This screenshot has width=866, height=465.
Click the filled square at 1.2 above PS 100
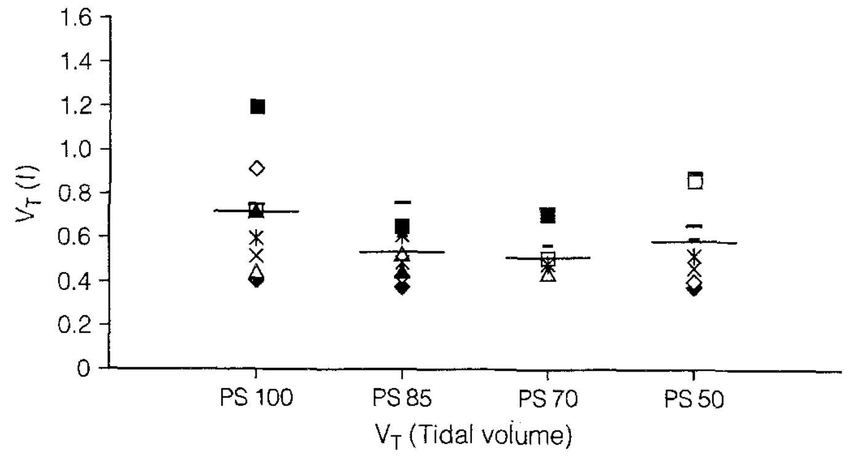[x=258, y=107]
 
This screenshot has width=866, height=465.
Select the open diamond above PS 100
[x=257, y=168]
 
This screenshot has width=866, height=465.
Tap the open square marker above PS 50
[x=695, y=182]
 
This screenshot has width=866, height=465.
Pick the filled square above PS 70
[x=548, y=215]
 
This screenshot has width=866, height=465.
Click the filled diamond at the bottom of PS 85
[x=402, y=287]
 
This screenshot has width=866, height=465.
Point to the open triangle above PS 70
[x=548, y=275]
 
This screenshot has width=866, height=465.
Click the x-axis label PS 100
[x=257, y=401]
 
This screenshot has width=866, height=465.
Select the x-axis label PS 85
[x=402, y=401]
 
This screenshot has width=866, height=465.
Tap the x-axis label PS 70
[x=547, y=401]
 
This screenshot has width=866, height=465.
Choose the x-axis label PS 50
[x=694, y=401]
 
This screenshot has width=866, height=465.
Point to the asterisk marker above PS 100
[x=257, y=236]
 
